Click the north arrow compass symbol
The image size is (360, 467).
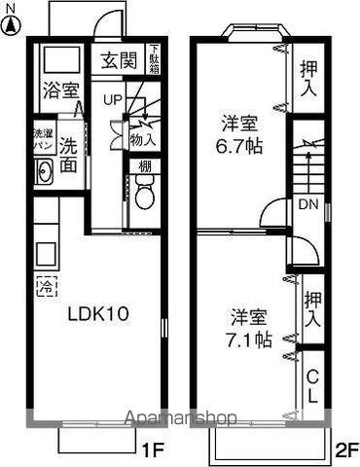click(x=13, y=17)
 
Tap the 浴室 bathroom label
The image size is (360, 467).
click(x=60, y=90)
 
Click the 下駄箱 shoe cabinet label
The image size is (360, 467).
click(x=155, y=57)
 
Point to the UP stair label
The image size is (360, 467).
click(x=113, y=100)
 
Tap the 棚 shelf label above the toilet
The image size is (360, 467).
click(x=144, y=166)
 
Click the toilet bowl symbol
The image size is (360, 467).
click(x=144, y=198)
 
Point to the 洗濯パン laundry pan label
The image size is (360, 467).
click(x=44, y=137)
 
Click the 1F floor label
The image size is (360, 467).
click(x=150, y=449)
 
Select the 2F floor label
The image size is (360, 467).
click(x=347, y=449)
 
